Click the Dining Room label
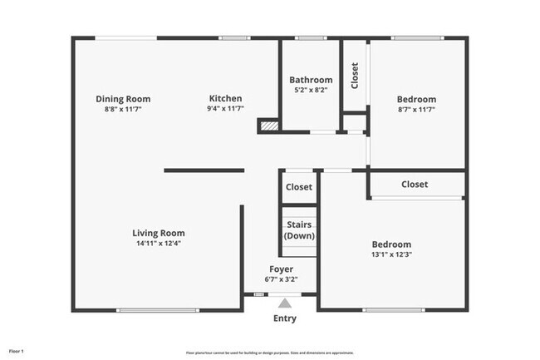122,99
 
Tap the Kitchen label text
225,99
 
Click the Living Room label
159,233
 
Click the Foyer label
280,269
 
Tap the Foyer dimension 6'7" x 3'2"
280,279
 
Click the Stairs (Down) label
299,230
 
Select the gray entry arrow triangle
285,303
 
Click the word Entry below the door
285,318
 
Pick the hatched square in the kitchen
268,126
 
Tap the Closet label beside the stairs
299,187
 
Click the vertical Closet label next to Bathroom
356,76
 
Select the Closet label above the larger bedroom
415,184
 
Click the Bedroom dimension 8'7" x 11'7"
416,109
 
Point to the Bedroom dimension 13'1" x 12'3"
391,254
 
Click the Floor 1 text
17,352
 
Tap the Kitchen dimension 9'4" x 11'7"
225,109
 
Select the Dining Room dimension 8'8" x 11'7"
122,109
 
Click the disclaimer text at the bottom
270,352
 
